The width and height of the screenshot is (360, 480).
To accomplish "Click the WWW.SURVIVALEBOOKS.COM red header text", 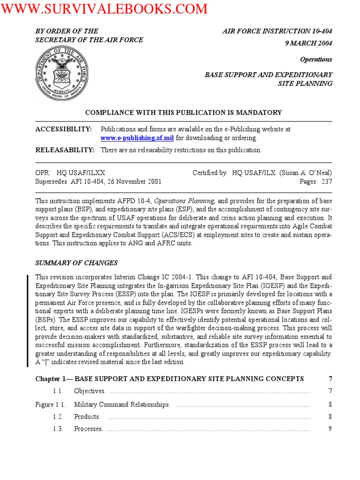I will tap(104, 9).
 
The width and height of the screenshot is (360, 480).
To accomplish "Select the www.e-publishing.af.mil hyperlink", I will tap(137, 138).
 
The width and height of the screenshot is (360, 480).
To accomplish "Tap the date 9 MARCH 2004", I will tap(311, 44).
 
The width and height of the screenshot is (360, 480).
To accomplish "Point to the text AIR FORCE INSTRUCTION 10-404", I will tap(277, 31).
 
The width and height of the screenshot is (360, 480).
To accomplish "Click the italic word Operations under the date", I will tap(316, 60).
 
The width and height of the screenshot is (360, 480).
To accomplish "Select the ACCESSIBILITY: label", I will tap(64, 129).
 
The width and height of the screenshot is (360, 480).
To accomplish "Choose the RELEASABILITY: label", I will tap(65, 150).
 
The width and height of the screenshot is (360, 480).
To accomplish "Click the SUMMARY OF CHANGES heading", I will tap(77, 263).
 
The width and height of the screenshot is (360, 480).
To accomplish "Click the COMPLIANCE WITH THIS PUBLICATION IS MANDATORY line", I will tap(183, 112).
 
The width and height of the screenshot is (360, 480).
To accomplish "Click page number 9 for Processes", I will tap(330, 429).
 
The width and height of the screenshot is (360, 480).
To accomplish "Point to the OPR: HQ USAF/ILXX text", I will tap(74, 173).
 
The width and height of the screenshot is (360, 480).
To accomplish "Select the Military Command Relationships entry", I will tap(122, 405).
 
